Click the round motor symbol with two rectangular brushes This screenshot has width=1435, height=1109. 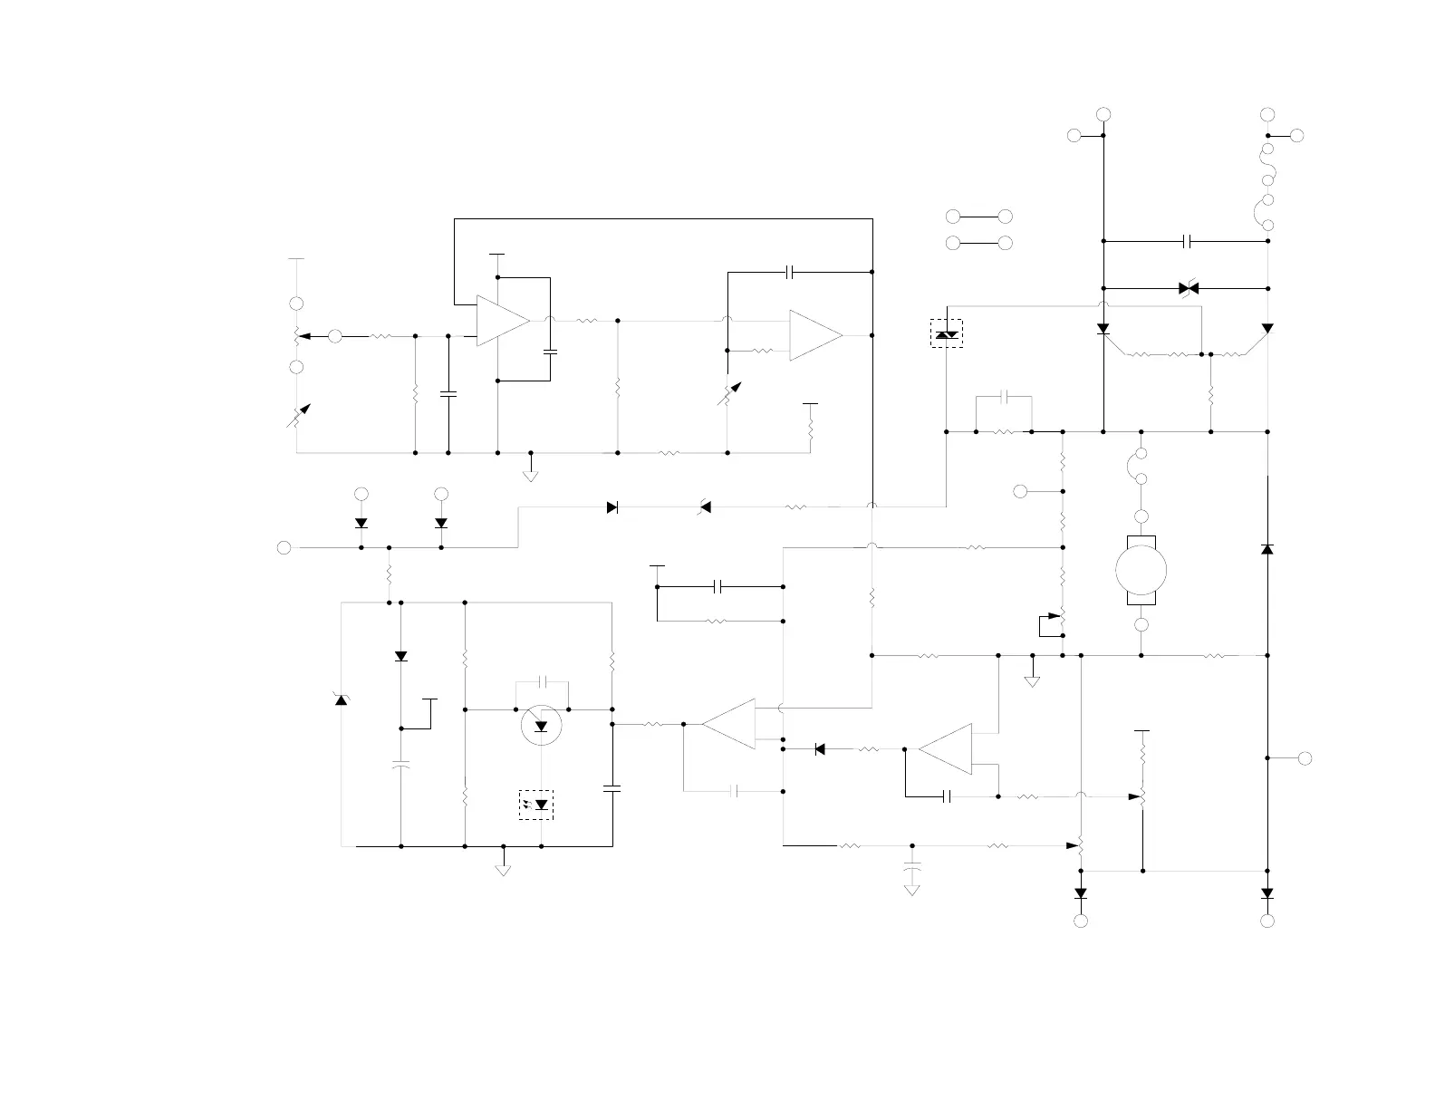(1141, 570)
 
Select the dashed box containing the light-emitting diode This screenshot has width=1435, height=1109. (536, 805)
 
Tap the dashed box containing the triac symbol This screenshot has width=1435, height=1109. (947, 333)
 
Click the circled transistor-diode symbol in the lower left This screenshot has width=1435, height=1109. (541, 725)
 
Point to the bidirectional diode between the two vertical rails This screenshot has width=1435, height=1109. (1189, 288)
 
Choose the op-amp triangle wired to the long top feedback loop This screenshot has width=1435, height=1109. (503, 321)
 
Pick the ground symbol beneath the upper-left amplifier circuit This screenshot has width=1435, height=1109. (531, 472)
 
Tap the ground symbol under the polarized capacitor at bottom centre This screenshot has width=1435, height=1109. (912, 888)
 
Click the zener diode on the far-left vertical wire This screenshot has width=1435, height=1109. (342, 699)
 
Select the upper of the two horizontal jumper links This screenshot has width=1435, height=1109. (978, 217)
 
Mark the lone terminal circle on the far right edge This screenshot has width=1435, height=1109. (1305, 758)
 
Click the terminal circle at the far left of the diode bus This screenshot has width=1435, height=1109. (284, 547)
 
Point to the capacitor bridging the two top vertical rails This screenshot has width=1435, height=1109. (1188, 241)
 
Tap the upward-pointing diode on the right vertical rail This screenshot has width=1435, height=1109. (1267, 548)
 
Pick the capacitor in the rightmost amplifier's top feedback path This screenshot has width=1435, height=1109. (791, 272)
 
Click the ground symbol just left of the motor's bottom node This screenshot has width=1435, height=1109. (1032, 678)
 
